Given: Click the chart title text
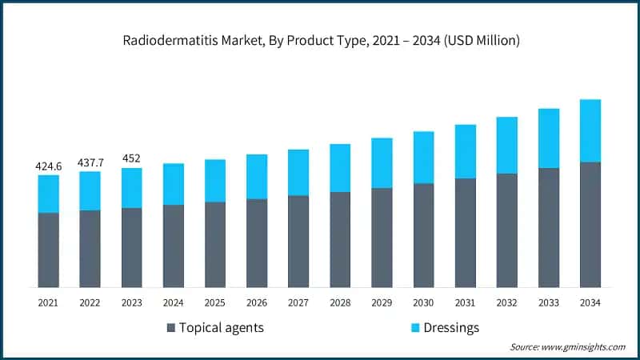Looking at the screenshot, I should [320, 41].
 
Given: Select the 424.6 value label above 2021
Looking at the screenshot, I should [49, 166].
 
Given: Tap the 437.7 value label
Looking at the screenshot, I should [90, 162].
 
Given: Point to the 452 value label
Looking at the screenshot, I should [132, 158].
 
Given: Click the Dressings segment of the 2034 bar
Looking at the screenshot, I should [590, 130].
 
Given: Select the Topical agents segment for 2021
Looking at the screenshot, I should [49, 250].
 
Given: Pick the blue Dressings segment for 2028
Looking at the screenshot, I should [340, 168].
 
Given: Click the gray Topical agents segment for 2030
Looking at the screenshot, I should [423, 235].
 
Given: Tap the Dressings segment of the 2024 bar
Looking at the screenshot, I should [174, 184].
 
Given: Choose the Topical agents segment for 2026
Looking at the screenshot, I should [257, 243].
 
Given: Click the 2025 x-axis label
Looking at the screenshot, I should [215, 302].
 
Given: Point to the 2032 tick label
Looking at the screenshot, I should [506, 302].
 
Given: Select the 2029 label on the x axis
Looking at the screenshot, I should [382, 302].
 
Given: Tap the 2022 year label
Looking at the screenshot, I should [90, 302].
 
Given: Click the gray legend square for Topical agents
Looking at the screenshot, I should [170, 328].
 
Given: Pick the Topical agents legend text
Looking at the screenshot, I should [221, 327].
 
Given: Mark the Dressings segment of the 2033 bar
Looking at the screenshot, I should [548, 138].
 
